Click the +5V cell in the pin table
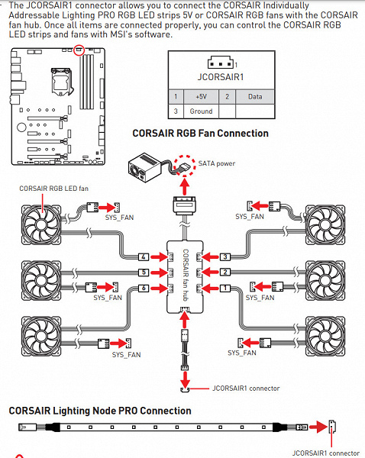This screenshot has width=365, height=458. tap(201, 96)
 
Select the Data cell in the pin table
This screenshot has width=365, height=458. tap(255, 96)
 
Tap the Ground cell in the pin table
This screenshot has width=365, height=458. tap(201, 111)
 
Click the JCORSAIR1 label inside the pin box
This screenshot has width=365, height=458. tap(221, 77)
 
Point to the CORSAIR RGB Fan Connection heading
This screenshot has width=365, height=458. tap(201, 133)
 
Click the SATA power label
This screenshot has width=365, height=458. tap(217, 163)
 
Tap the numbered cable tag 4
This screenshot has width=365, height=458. tap(144, 257)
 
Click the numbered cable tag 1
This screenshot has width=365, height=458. tap(224, 289)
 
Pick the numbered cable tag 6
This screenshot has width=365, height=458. tap(144, 289)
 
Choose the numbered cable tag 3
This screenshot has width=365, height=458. tap(224, 257)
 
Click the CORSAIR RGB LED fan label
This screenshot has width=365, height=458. tap(53, 189)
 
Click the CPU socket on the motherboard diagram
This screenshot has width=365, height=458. tap(61, 81)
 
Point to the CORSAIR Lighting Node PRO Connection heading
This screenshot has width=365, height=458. tap(100, 411)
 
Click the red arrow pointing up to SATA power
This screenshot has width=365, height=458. tap(184, 187)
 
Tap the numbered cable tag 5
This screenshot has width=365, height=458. tap(144, 273)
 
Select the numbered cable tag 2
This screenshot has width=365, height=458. tap(224, 273)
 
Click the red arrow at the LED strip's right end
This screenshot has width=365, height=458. tap(318, 427)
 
